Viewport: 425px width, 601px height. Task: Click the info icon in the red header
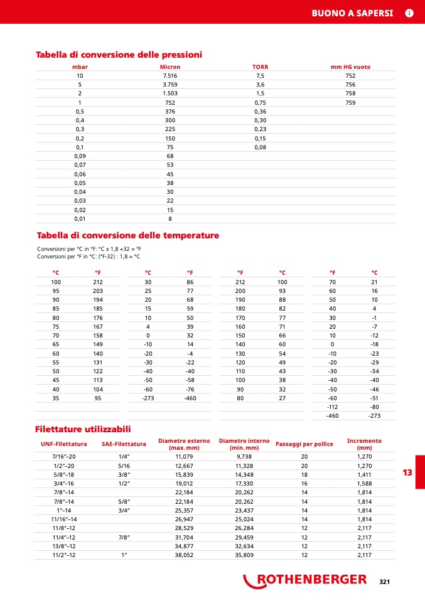click(409, 13)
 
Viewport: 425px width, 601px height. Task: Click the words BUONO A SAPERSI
click(352, 13)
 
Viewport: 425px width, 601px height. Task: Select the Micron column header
click(169, 66)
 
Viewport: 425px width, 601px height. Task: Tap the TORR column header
click(260, 66)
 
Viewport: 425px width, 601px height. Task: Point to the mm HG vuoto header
click(350, 66)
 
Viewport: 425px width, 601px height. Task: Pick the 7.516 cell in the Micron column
click(169, 75)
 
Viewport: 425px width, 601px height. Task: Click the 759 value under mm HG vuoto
click(350, 102)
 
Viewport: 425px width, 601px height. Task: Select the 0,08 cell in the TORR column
click(260, 147)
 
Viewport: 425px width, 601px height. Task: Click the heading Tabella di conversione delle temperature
click(128, 235)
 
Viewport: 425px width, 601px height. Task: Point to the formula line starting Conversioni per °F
click(89, 256)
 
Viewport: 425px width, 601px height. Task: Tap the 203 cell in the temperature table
click(97, 290)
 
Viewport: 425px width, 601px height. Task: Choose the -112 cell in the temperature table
click(333, 407)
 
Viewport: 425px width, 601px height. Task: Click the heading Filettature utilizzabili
click(83, 429)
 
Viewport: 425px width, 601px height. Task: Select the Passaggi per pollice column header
click(304, 444)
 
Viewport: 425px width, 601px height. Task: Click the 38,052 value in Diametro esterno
click(184, 555)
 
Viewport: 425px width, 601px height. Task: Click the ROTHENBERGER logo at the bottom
click(306, 580)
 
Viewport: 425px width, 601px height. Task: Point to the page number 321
click(385, 582)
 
